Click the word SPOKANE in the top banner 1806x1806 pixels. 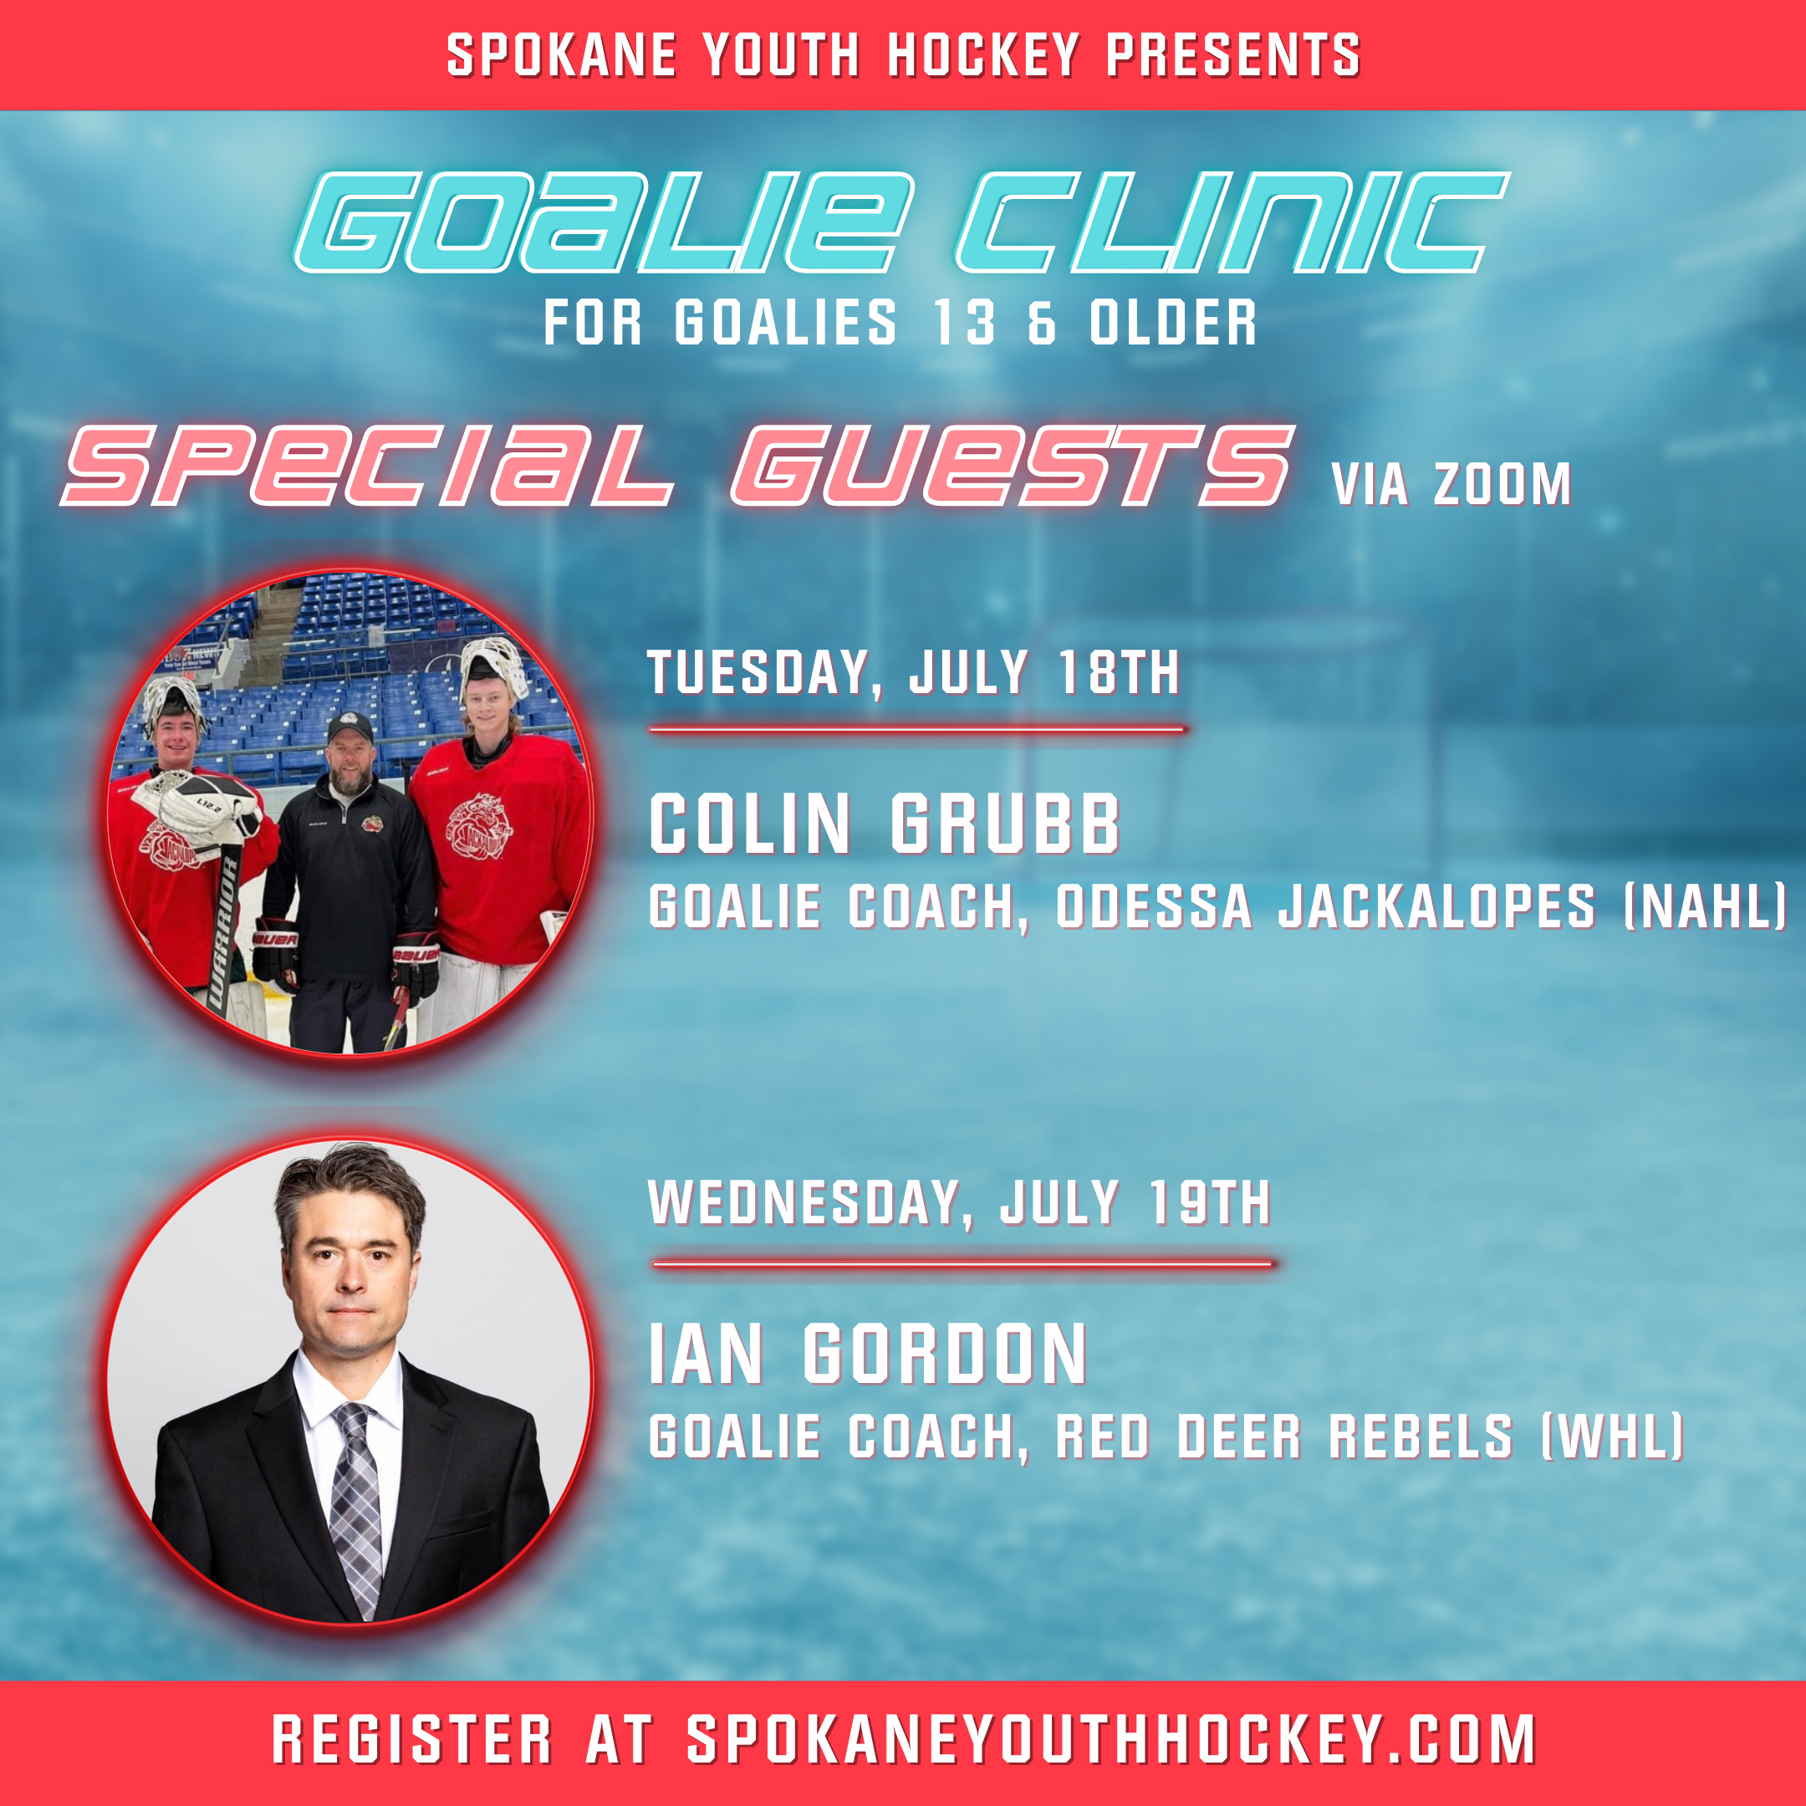coord(561,55)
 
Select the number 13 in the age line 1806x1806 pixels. coord(964,323)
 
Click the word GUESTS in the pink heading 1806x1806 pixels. coord(1013,465)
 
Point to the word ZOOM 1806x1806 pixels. coord(1502,484)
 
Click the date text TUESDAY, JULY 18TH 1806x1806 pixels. coord(913,672)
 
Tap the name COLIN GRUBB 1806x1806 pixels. coord(885,824)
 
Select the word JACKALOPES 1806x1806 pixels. coord(1436,906)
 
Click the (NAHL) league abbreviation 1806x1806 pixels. coord(1705,906)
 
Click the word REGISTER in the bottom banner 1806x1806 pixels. coord(412,1740)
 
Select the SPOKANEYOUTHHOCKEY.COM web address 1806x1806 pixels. coord(1111,1740)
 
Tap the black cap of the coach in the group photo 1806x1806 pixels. coord(349,727)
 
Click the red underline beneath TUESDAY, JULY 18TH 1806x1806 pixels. coord(916,728)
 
